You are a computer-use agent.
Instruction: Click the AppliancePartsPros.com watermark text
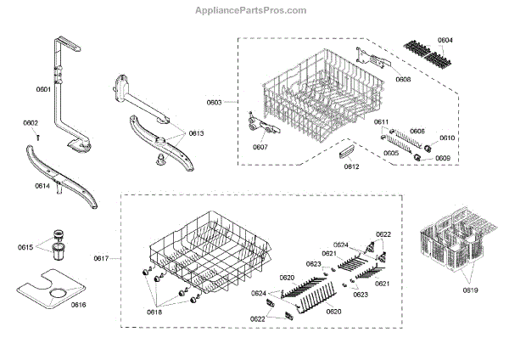(254, 10)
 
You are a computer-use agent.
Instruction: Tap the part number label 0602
(31, 124)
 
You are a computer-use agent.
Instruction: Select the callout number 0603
(214, 103)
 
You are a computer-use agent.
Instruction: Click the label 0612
(351, 166)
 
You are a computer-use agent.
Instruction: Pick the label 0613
(196, 134)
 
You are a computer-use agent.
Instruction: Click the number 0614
(41, 185)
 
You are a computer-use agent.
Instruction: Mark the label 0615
(25, 247)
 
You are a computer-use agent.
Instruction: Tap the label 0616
(78, 304)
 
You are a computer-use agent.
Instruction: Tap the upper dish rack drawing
(314, 93)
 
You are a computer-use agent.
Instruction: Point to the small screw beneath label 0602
(32, 135)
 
